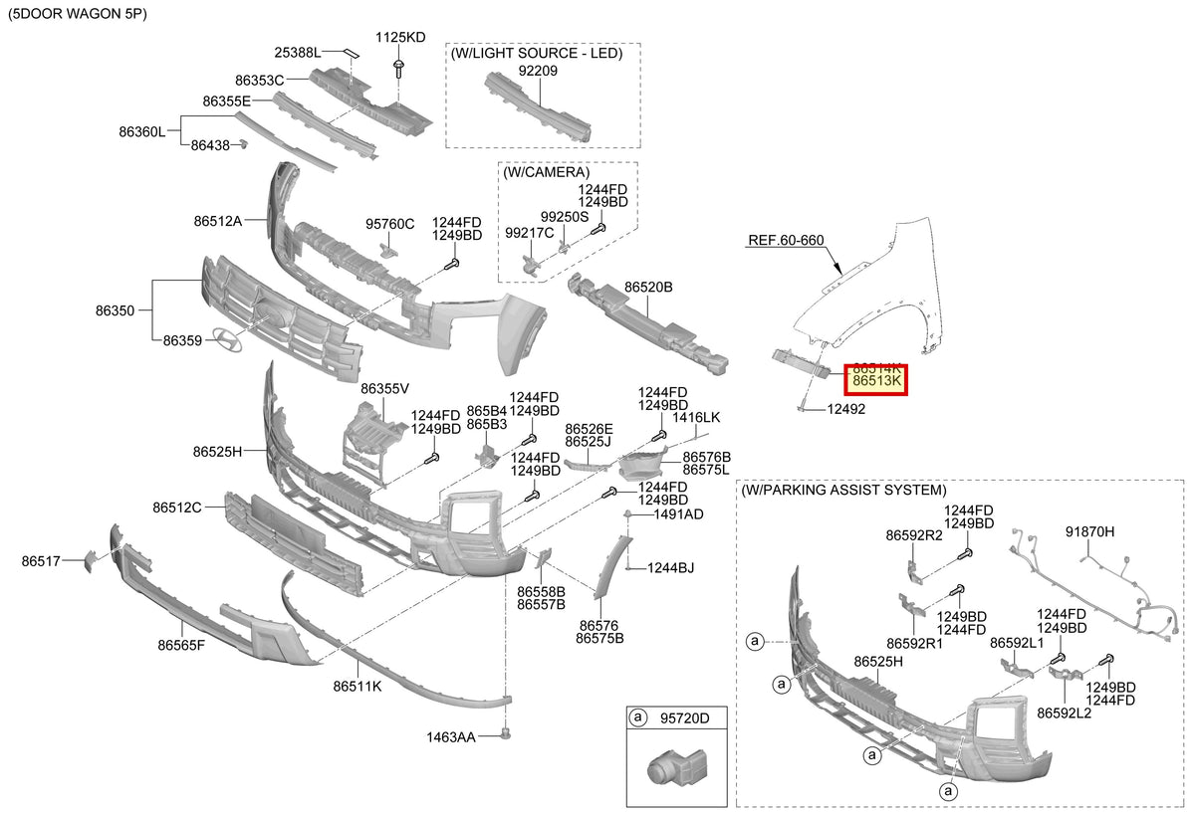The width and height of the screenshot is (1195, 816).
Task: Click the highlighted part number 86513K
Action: tap(876, 380)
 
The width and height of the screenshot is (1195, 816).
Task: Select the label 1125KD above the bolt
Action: tap(400, 37)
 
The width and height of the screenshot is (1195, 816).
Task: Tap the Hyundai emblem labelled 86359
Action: tap(227, 339)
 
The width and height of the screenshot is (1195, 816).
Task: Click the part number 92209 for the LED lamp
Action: tap(538, 71)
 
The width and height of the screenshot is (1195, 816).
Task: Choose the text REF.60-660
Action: tap(786, 240)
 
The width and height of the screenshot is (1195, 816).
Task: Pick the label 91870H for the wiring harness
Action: tap(1089, 531)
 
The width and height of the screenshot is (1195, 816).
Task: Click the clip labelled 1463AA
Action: tap(506, 733)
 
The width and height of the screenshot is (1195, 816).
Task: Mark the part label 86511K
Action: tap(358, 686)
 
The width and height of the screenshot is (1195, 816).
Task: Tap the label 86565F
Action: tap(181, 645)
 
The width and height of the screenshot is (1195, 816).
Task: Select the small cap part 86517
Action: tap(89, 562)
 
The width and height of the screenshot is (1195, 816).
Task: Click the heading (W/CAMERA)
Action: tap(547, 172)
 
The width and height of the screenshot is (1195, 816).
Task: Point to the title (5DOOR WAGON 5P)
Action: tap(78, 14)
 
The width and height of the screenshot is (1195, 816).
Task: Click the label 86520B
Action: tap(648, 287)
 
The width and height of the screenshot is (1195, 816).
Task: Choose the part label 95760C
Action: tap(389, 224)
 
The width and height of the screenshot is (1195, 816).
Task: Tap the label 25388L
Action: tap(298, 52)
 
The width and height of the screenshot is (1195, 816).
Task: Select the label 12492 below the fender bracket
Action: tap(846, 409)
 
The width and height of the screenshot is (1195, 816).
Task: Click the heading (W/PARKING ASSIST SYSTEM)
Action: tap(844, 490)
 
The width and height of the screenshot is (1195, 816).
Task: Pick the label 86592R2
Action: tap(914, 534)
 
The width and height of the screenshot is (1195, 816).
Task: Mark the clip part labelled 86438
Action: tap(243, 144)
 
